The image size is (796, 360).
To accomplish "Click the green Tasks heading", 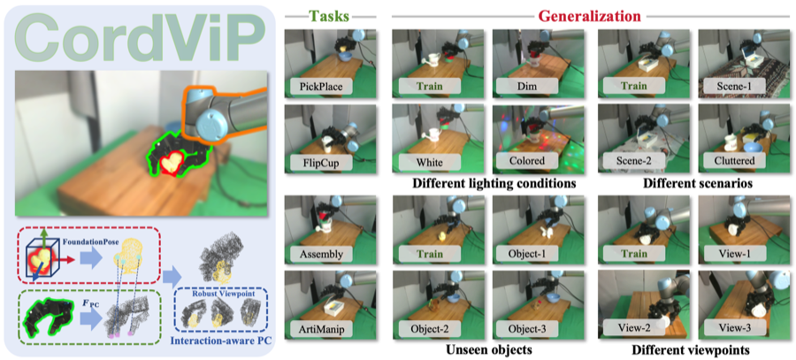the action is coord(331,17).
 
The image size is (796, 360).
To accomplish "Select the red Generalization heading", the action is coord(590,17).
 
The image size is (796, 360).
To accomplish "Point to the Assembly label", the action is coord(318,252).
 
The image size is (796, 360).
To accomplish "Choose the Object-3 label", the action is coord(530,329).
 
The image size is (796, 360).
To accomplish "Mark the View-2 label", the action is coord(633,329).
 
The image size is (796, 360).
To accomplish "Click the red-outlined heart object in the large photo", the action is coord(170,164).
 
